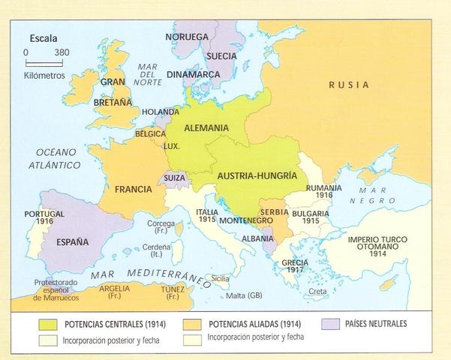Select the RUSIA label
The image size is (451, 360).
click(349, 85)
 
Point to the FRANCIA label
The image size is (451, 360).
click(134, 190)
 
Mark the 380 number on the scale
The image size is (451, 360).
click(63, 52)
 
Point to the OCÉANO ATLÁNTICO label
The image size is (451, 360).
click(55, 158)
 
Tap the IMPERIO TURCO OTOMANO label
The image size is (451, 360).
click(377, 246)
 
